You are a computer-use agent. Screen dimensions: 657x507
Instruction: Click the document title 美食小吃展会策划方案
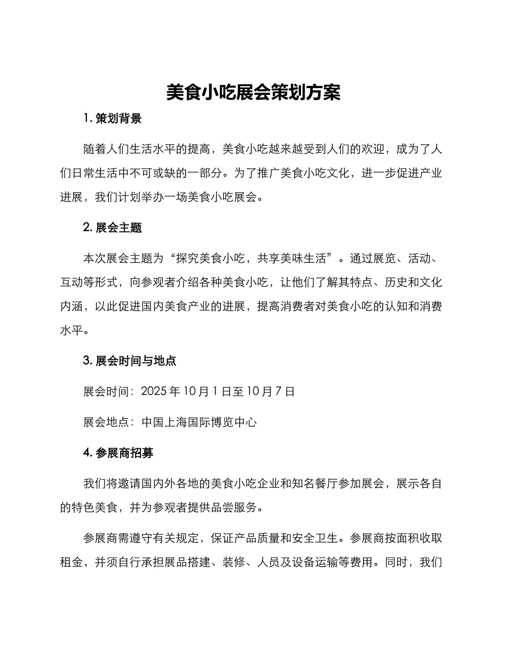253,92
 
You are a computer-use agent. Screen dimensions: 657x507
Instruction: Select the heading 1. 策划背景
113,119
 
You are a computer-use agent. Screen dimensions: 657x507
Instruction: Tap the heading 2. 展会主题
113,228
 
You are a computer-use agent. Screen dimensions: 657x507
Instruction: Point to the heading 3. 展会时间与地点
130,361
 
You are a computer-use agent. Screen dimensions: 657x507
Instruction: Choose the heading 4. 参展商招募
118,452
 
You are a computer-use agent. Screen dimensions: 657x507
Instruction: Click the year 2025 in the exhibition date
153,392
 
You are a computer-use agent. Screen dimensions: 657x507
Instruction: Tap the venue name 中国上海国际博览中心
199,422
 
